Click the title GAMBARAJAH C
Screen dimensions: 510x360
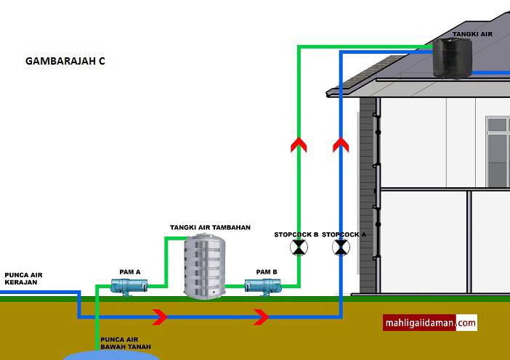[65, 61]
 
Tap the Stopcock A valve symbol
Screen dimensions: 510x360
[341, 247]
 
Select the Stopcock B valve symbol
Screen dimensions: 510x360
[299, 247]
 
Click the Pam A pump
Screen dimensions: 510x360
[129, 287]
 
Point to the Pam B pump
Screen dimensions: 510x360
[262, 287]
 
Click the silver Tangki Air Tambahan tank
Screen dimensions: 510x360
[205, 266]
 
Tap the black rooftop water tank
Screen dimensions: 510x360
[453, 58]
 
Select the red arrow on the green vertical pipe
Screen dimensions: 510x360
[299, 145]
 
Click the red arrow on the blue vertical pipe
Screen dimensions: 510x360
[341, 145]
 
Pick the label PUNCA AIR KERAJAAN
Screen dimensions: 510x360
[23, 279]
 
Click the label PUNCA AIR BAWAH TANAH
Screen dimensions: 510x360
[126, 343]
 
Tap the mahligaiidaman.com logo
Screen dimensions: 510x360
[430, 323]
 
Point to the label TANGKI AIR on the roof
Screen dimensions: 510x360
[472, 34]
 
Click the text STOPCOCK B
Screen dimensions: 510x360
[296, 234]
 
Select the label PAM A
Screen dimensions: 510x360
[130, 272]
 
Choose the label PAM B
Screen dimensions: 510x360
[267, 272]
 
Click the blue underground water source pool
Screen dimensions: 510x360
[111, 356]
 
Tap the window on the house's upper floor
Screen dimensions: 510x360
[498, 152]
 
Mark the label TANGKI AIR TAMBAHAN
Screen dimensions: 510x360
[210, 227]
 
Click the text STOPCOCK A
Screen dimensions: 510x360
[344, 234]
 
